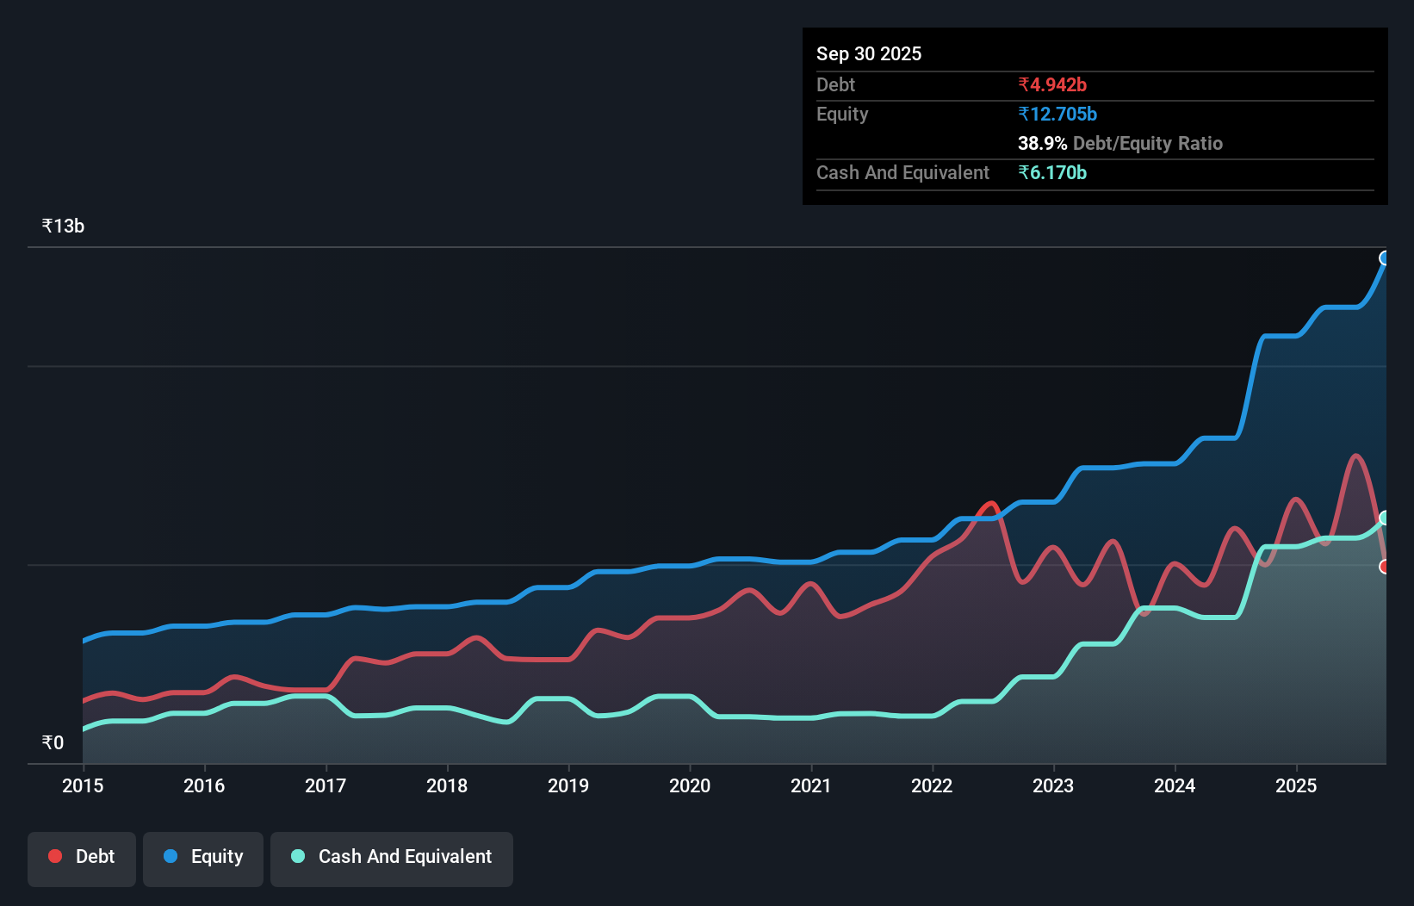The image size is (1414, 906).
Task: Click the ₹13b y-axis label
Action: (63, 226)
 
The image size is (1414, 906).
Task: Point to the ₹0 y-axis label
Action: (53, 743)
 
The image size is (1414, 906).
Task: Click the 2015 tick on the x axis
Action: (83, 785)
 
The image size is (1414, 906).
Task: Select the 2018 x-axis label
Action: (447, 785)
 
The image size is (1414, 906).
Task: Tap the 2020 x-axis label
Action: (690, 785)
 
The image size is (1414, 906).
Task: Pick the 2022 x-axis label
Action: (932, 785)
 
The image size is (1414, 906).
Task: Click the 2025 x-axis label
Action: (1296, 785)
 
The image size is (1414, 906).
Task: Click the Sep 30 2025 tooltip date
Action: (868, 54)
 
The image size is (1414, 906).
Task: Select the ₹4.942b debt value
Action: (1051, 85)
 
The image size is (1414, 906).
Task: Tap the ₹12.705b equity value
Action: (1057, 115)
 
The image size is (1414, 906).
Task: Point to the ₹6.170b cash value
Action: (1051, 173)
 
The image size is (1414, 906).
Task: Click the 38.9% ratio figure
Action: (1042, 144)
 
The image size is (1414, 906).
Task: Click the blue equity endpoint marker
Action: (1385, 258)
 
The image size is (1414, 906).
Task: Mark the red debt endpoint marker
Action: (1385, 567)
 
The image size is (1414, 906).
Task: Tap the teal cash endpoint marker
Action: (1385, 518)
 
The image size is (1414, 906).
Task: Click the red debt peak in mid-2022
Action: (991, 504)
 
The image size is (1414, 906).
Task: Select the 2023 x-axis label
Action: (1053, 785)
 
